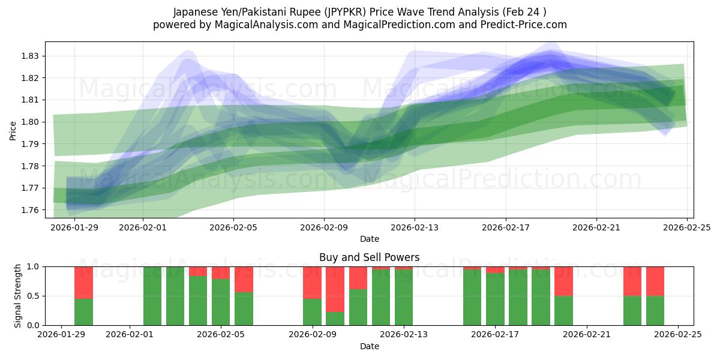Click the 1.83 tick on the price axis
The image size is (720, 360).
click(30, 56)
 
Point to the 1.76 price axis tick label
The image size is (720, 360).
click(30, 210)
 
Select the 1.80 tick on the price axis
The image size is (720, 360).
click(30, 122)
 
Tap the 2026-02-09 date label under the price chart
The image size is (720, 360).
click(324, 227)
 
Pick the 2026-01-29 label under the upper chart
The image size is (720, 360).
click(74, 227)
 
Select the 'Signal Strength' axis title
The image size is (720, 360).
click(18, 296)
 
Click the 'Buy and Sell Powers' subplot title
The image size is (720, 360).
click(369, 257)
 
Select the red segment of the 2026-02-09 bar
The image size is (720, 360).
click(312, 282)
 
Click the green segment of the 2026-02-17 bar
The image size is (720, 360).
click(495, 300)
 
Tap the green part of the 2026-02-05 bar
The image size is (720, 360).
click(221, 303)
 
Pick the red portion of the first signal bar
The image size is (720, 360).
click(83, 282)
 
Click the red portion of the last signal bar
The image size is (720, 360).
click(655, 281)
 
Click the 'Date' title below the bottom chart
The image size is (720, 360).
click(369, 346)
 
